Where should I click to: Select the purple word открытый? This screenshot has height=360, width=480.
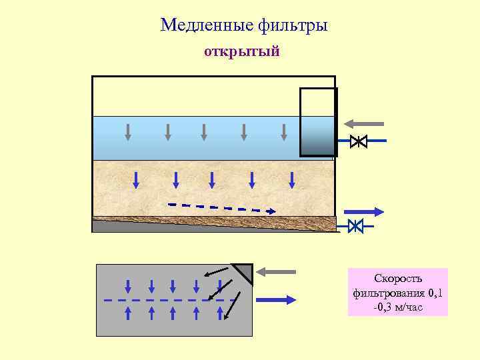pos(241,52)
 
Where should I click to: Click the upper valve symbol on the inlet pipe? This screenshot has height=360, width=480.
pos(358,141)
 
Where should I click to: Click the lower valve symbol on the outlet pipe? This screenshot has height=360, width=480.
pos(355,226)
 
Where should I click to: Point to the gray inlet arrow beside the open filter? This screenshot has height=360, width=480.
pos(363,123)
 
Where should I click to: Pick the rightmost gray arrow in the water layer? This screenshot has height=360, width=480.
pos(283,131)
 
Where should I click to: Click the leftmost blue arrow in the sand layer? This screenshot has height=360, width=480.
pos(136,179)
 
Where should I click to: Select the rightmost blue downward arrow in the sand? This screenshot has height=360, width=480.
pos(292,179)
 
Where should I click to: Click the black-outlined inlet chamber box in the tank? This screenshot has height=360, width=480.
pos(318,122)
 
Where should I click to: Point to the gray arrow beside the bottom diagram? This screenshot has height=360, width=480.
pos(276,271)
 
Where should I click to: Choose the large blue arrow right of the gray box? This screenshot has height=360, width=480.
pos(276,300)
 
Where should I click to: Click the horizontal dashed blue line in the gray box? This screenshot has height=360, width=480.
pos(167,300)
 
